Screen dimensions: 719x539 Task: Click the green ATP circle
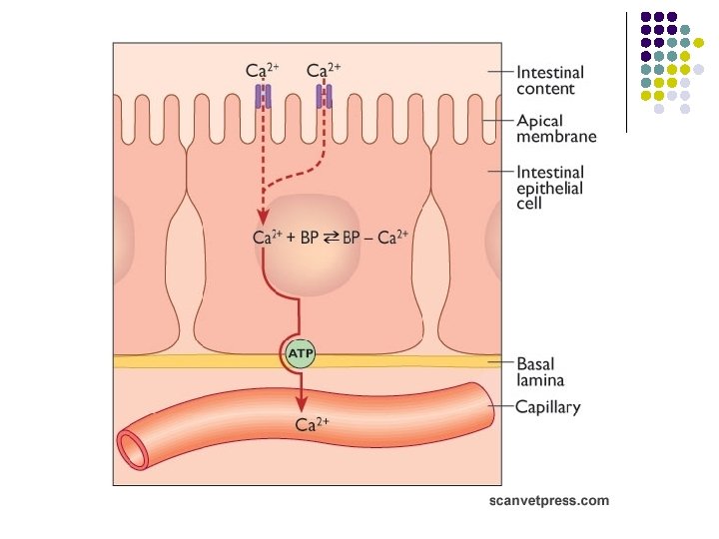click(301, 354)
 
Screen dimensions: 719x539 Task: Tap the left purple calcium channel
click(263, 96)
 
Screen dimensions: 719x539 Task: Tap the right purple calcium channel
click(324, 96)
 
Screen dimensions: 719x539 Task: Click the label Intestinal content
click(549, 80)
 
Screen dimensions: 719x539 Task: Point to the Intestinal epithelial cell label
click(549, 187)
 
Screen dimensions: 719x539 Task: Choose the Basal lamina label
click(540, 371)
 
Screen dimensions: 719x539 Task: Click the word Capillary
click(548, 407)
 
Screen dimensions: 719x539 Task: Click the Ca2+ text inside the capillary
click(313, 424)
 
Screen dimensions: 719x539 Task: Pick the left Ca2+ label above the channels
click(263, 70)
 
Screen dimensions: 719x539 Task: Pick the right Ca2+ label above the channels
click(324, 70)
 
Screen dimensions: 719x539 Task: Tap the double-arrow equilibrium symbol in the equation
click(331, 239)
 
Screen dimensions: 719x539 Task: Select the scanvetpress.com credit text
click(549, 501)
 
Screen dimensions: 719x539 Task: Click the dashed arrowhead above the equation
click(263, 219)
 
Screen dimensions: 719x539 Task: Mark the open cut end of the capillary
click(133, 449)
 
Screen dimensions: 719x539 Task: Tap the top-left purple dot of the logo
click(646, 17)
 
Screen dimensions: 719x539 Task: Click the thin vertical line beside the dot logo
click(627, 70)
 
